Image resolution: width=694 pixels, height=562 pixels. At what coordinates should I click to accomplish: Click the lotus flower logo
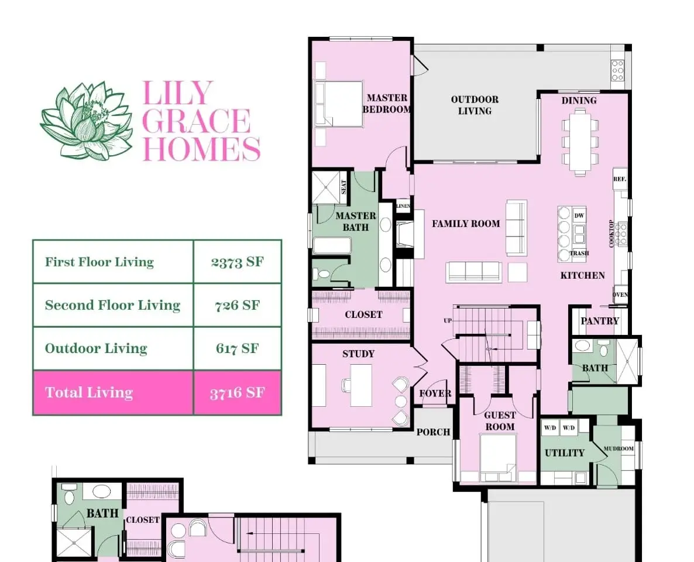[x=86, y=121]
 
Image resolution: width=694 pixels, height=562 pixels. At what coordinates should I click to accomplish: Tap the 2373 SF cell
[x=237, y=262]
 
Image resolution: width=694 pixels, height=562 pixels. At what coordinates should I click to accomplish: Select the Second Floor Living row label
[x=112, y=305]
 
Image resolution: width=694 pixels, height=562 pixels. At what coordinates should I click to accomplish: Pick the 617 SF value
[x=237, y=348]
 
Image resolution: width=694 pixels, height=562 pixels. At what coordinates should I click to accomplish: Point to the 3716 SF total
[x=237, y=392]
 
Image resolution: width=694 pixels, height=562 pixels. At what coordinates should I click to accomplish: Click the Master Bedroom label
[x=387, y=104]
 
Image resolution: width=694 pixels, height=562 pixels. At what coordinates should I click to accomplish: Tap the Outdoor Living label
[x=475, y=105]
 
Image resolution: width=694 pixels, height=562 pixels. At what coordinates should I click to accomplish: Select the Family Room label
[x=466, y=224]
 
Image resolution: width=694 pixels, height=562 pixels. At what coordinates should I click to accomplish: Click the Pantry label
[x=600, y=321]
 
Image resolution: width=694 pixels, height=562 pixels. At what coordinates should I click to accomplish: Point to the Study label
[x=359, y=354]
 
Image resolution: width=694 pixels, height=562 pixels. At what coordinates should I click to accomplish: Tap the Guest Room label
[x=500, y=421]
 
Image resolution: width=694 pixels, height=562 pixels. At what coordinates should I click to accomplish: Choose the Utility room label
[x=565, y=453]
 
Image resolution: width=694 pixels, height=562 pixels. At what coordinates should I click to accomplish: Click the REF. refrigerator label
[x=620, y=179]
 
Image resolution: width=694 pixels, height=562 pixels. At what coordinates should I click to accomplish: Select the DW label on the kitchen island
[x=579, y=215]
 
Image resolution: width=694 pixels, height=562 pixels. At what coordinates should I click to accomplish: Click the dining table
[x=580, y=142]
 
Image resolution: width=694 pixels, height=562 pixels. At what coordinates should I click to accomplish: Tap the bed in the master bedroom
[x=339, y=104]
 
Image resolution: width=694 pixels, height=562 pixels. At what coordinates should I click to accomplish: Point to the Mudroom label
[x=619, y=448]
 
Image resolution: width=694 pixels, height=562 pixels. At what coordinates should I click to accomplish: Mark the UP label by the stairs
[x=448, y=320]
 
